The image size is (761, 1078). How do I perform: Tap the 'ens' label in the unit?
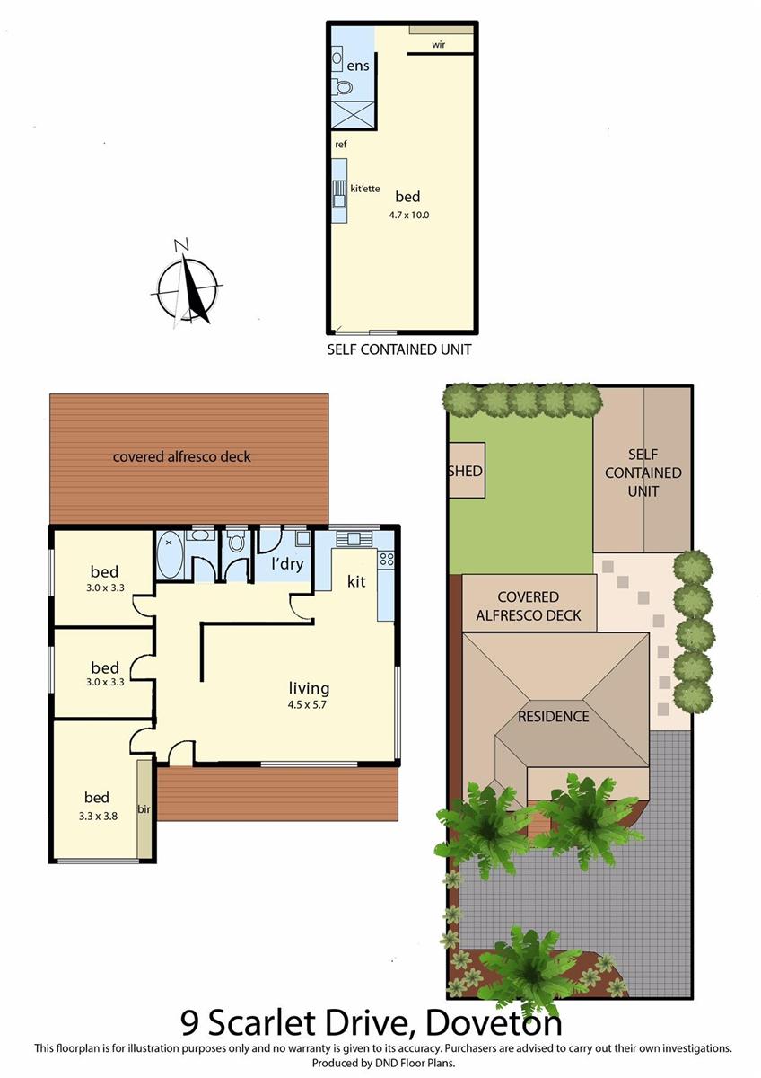(x=359, y=66)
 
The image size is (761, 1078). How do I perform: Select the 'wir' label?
(x=439, y=44)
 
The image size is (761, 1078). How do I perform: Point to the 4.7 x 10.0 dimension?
(x=408, y=215)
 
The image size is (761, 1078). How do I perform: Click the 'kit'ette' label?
(x=365, y=188)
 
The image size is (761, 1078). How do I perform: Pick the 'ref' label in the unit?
(x=341, y=144)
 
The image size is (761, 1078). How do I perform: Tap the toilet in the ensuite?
(x=342, y=87)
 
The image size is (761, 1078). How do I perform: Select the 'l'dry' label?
(x=286, y=565)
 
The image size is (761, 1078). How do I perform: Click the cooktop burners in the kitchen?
(x=387, y=559)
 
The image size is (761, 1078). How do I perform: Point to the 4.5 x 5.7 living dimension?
(x=309, y=704)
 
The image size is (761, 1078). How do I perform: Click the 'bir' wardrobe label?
(x=143, y=809)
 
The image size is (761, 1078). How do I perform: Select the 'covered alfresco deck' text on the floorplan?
(x=181, y=456)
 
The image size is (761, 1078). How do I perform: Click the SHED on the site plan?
(x=465, y=472)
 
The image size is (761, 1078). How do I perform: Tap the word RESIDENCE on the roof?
(x=553, y=716)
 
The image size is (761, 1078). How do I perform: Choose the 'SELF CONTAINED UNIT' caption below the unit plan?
(x=398, y=349)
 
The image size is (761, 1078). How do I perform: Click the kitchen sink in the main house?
(x=353, y=538)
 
